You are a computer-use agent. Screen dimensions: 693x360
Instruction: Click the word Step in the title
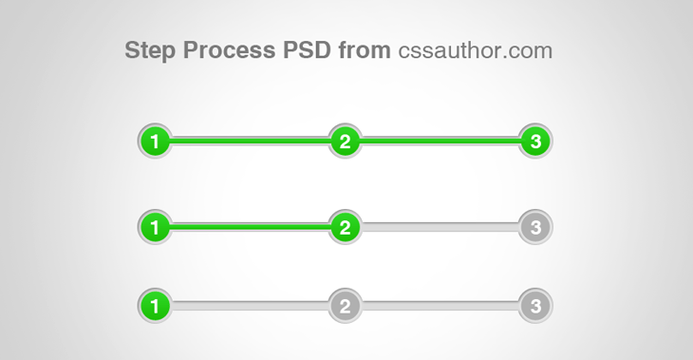pos(149,50)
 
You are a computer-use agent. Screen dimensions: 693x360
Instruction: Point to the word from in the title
pos(364,50)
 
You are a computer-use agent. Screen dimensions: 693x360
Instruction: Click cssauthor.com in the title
pos(475,50)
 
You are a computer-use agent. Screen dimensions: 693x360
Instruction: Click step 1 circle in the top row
pos(155,142)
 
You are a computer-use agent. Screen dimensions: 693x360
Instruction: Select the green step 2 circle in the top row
pos(346,142)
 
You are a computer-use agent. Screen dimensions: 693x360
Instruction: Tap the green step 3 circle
pos(535,142)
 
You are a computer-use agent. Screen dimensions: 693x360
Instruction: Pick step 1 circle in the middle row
pos(155,227)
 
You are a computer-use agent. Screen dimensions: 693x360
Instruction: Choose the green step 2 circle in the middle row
pos(346,227)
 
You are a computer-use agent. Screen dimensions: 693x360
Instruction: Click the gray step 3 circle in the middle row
pos(535,227)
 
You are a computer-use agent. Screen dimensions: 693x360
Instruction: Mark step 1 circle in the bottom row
pos(155,307)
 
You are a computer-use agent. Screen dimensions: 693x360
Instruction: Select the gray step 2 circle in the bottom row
pos(346,307)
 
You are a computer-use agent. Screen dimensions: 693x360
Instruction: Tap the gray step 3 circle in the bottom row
pos(535,307)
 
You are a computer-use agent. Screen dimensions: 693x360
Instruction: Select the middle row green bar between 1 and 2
pos(250,227)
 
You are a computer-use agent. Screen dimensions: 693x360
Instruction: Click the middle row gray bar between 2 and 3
pos(440,227)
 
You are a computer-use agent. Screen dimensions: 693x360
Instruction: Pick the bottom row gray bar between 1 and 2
pos(250,307)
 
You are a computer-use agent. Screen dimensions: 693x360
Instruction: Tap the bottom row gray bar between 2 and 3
pos(440,307)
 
